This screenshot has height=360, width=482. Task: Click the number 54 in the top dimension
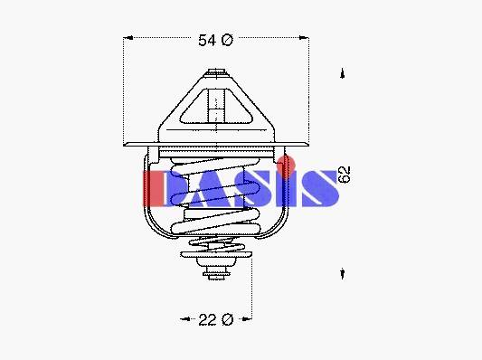(206, 41)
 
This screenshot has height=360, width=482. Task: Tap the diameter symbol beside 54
(227, 41)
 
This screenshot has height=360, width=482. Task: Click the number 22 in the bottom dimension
(207, 319)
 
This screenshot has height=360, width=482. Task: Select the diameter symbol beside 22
(227, 319)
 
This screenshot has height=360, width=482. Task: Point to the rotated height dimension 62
(344, 175)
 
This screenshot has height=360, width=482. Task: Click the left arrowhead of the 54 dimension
(128, 38)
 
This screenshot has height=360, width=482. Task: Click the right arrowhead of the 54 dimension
(304, 37)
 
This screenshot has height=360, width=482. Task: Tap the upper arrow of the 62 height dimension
(343, 73)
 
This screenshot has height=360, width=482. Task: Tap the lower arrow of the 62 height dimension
(343, 273)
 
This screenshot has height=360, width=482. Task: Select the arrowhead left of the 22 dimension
(185, 318)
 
